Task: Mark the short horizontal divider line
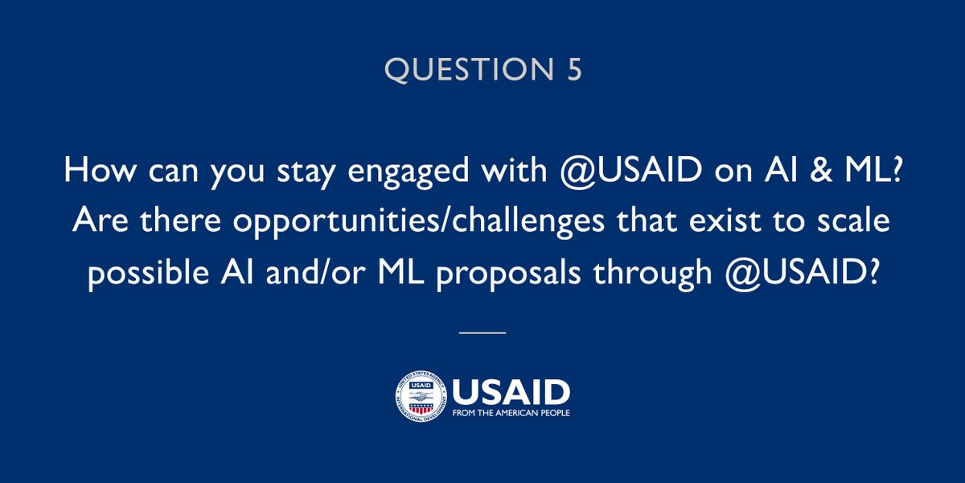click(x=482, y=332)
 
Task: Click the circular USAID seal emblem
click(x=419, y=397)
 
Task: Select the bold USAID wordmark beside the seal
click(x=511, y=392)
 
